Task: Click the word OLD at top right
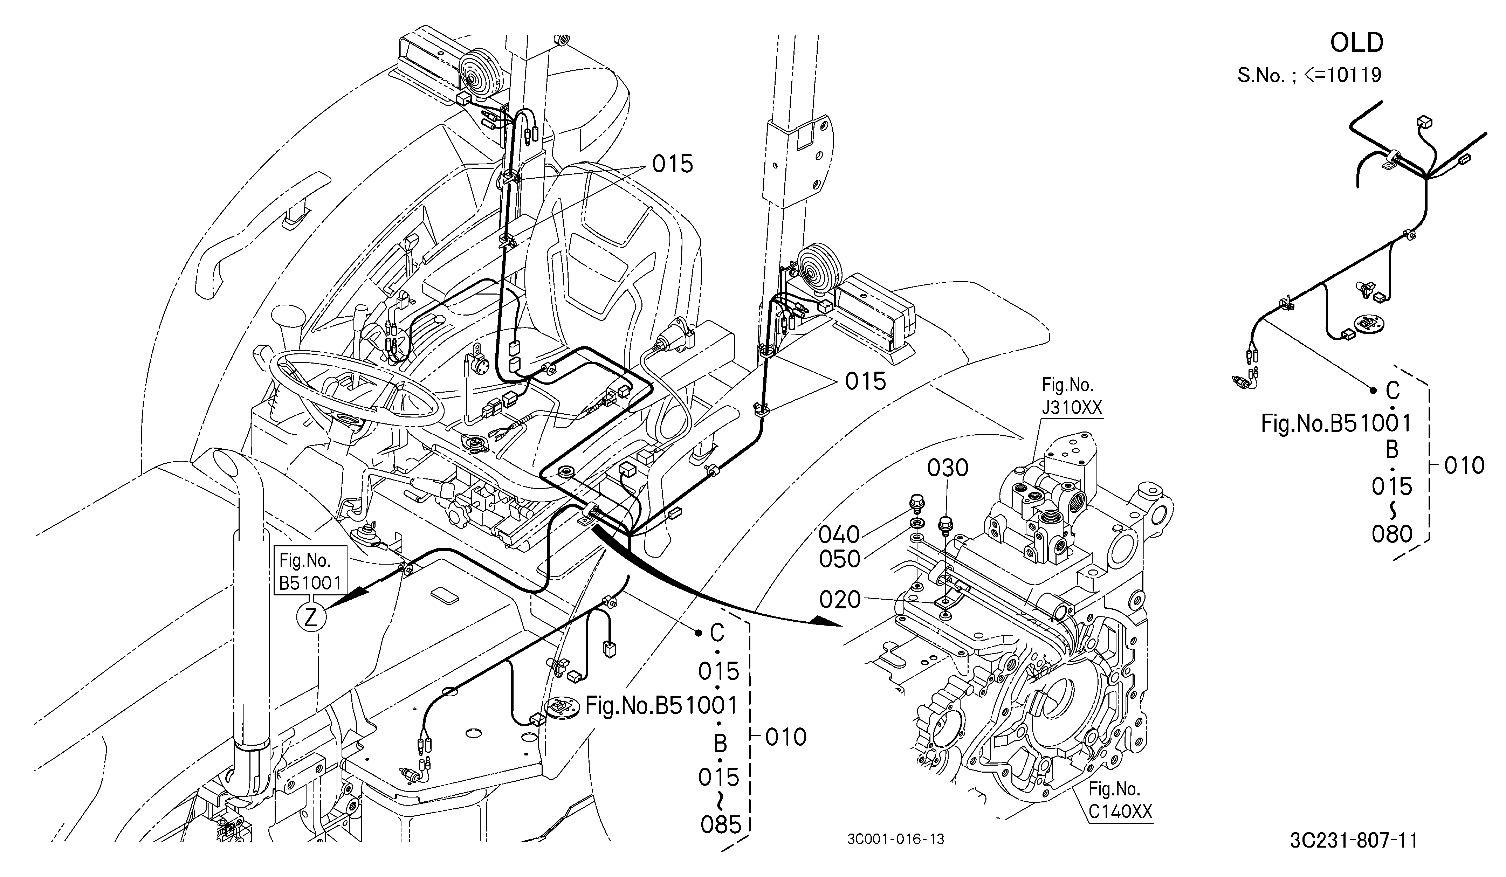click(x=1357, y=43)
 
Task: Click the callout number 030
click(x=948, y=468)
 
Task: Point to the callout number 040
click(x=839, y=534)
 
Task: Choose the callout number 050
click(x=839, y=559)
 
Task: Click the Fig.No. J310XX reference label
click(x=1068, y=395)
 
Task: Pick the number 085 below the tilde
click(x=721, y=825)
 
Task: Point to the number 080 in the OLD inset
click(x=1392, y=533)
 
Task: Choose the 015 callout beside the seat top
click(x=672, y=164)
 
